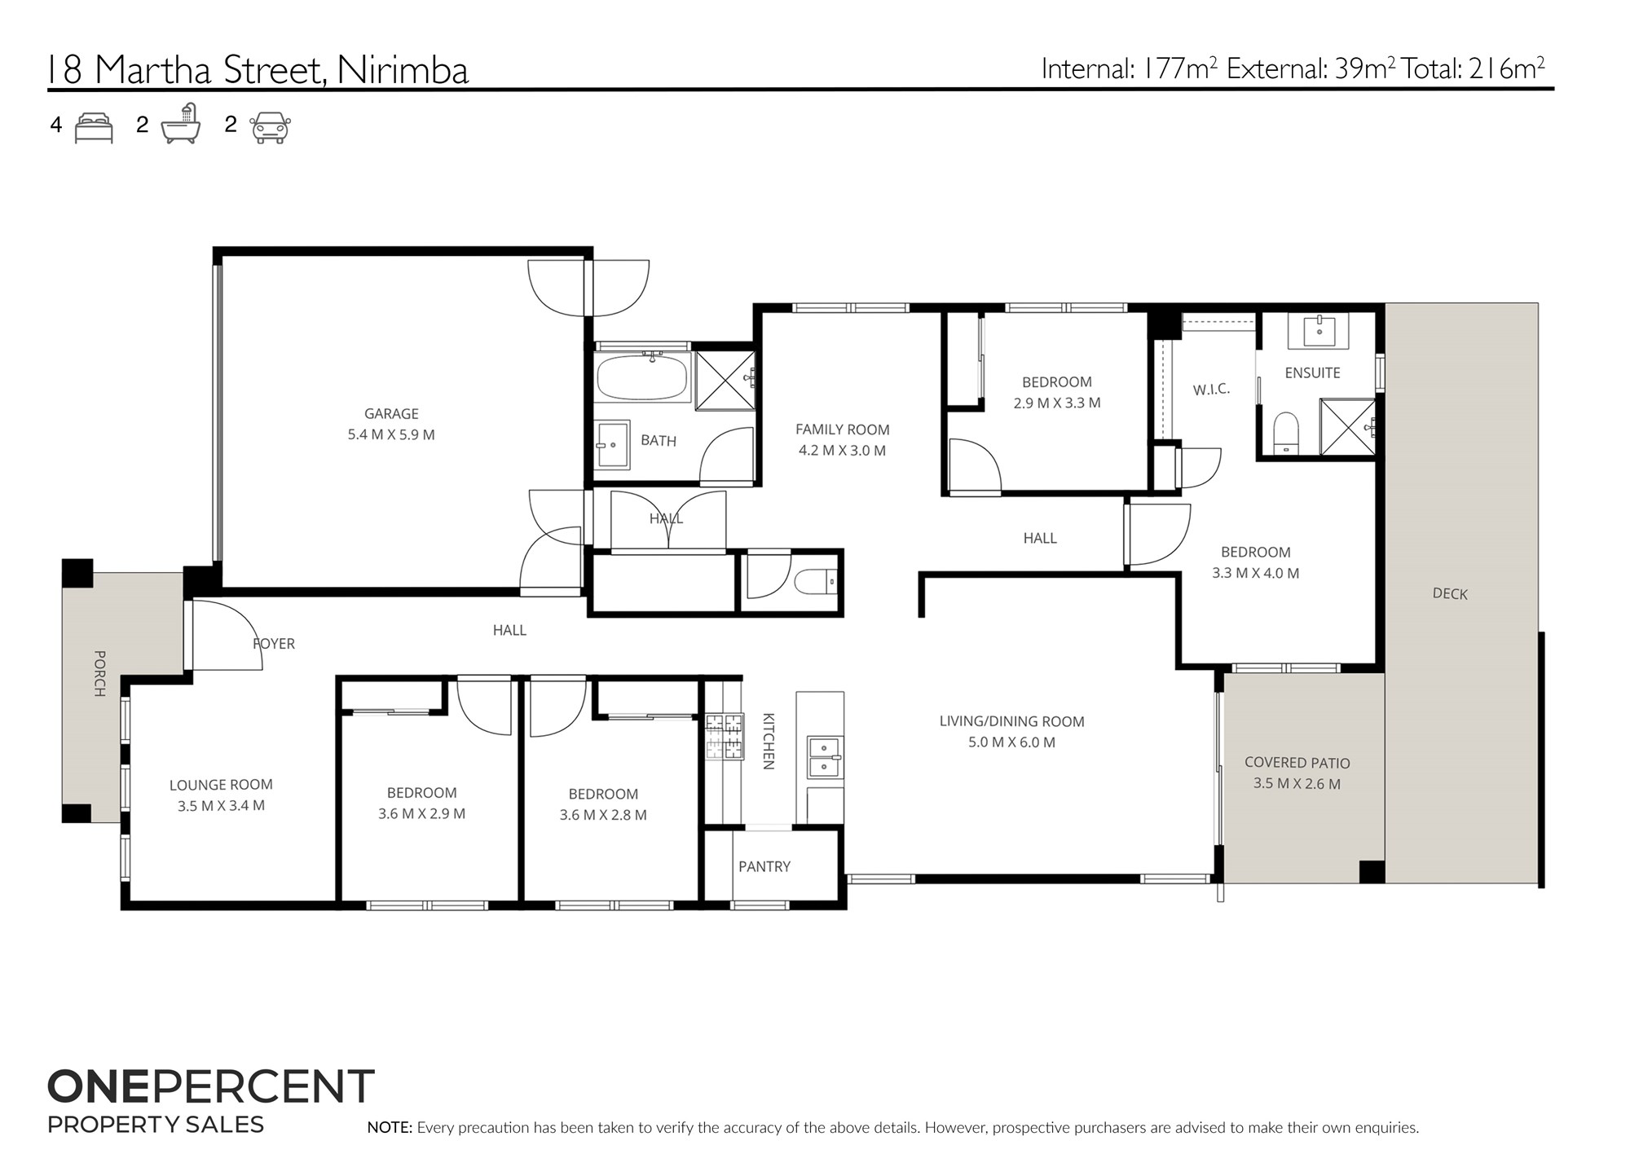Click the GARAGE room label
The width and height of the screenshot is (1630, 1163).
(x=391, y=414)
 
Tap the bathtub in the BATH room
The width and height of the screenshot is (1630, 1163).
(x=643, y=377)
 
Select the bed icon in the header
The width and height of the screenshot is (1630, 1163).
(x=94, y=129)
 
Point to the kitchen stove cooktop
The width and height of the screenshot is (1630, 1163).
(x=725, y=736)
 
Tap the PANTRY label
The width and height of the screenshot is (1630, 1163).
(x=764, y=866)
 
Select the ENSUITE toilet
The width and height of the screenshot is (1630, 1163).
(x=1286, y=433)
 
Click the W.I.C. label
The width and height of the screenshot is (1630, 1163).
(x=1211, y=390)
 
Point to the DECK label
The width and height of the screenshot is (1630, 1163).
(x=1450, y=594)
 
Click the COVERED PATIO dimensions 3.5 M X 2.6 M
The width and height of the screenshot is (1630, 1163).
(x=1297, y=784)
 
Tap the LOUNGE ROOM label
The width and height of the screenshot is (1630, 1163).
(x=221, y=785)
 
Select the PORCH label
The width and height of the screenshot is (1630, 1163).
(x=99, y=673)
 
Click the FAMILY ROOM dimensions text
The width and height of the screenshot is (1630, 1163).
(x=842, y=451)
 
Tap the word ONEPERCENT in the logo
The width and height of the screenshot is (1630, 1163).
(x=211, y=1086)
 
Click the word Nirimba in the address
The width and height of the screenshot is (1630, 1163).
(x=403, y=70)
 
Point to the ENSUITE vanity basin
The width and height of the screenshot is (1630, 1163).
(x=1319, y=330)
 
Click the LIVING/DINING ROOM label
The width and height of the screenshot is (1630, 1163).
(x=1011, y=721)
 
